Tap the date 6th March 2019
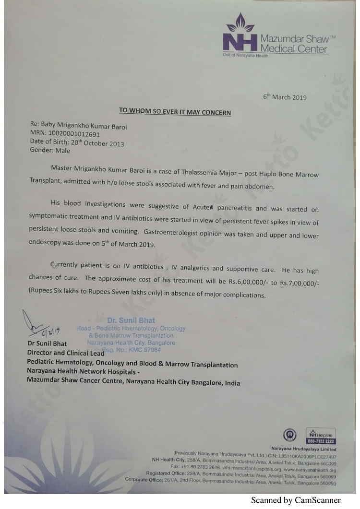pos(285,97)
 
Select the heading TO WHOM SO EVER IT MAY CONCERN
pos(175,112)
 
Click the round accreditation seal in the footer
pos(290,435)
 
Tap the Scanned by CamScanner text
pos(296,500)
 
